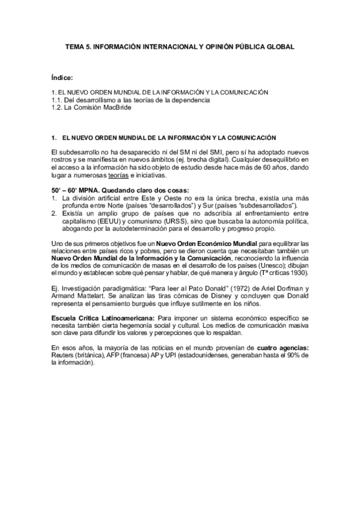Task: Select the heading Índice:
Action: point(63,77)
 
